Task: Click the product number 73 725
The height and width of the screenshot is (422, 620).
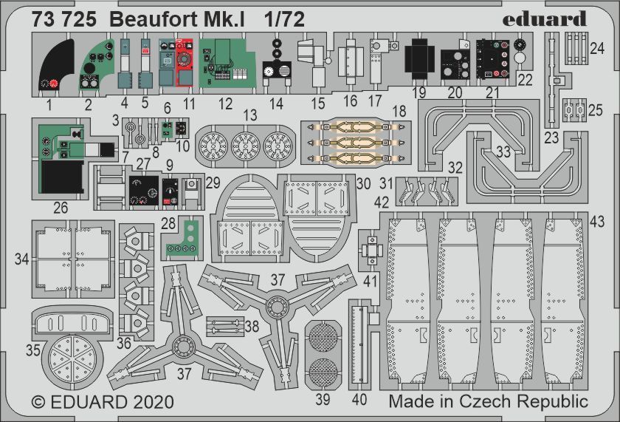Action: click(x=63, y=21)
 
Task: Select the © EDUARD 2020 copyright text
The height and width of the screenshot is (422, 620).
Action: click(x=103, y=402)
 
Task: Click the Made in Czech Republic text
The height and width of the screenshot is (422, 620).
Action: click(x=488, y=402)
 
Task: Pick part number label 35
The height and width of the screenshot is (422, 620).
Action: click(x=32, y=350)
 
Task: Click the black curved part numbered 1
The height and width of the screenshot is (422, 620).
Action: click(x=58, y=67)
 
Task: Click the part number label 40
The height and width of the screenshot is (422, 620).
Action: click(x=359, y=399)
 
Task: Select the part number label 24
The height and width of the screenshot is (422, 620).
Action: click(x=596, y=48)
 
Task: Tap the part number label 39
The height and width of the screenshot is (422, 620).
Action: click(x=323, y=399)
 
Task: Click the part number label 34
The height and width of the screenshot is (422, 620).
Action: click(x=22, y=259)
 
